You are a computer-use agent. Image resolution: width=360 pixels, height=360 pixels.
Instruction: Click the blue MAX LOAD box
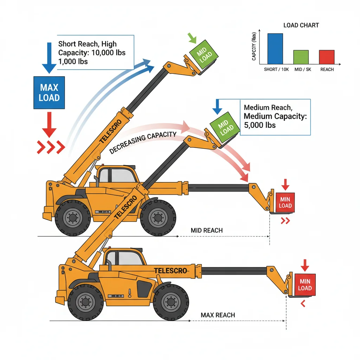click(49, 92)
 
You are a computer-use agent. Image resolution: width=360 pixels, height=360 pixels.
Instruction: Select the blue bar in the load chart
click(275, 49)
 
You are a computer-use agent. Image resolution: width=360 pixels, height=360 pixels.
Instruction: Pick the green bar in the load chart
click(301, 57)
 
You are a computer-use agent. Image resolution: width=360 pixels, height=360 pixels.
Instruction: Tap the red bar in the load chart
click(327, 57)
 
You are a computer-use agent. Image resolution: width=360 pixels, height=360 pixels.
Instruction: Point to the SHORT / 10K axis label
click(276, 70)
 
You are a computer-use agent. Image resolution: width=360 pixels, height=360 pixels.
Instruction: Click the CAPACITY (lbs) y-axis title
click(254, 49)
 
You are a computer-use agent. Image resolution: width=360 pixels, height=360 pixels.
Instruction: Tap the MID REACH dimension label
click(207, 231)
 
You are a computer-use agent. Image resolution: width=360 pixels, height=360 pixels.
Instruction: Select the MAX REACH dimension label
click(218, 315)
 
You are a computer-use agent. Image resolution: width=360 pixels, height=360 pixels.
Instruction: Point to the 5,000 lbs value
click(259, 125)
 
